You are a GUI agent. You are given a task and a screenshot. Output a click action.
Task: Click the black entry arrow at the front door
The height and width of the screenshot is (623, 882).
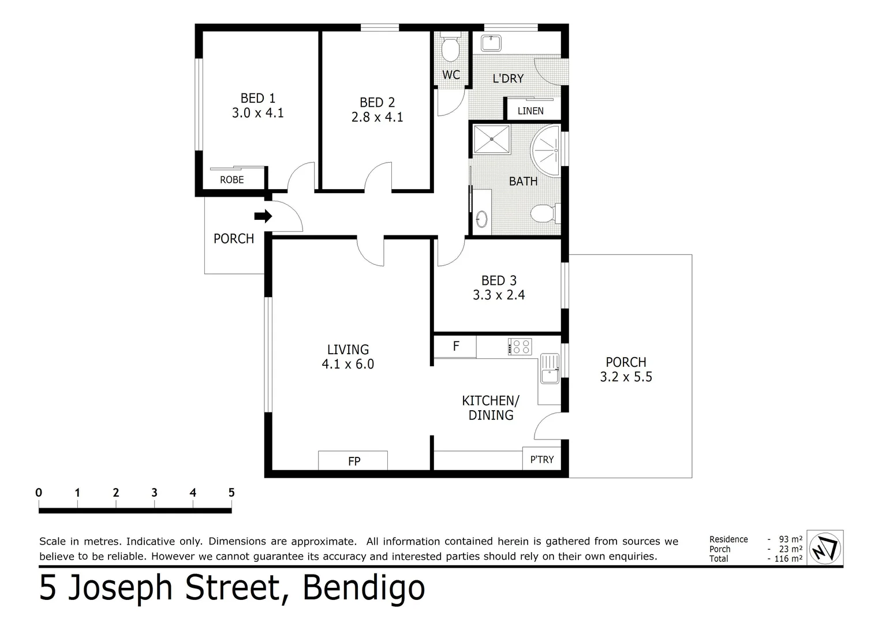tap(263, 216)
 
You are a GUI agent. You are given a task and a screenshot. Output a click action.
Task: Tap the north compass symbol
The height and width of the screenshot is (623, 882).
tap(825, 548)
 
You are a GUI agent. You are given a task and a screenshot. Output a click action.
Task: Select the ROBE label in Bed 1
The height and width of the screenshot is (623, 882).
tap(232, 180)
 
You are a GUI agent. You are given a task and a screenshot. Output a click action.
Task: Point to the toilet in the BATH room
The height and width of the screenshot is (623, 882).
tap(543, 214)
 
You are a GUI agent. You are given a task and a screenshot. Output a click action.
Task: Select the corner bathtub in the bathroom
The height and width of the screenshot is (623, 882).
tap(547, 151)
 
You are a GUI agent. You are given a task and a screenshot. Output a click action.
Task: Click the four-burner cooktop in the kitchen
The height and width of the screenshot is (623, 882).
tap(520, 347)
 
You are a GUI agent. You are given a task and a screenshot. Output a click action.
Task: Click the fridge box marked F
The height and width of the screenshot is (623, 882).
tap(455, 347)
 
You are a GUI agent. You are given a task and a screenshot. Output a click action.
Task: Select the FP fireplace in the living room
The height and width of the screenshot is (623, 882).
tap(353, 461)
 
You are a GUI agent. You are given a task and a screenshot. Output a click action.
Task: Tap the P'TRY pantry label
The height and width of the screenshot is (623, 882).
tap(541, 460)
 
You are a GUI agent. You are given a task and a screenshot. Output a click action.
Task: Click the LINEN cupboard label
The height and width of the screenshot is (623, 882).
tap(530, 111)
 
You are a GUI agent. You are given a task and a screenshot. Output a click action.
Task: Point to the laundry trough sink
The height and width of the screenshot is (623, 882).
tap(491, 43)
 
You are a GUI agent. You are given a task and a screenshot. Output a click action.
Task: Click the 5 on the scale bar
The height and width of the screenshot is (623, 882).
tap(231, 493)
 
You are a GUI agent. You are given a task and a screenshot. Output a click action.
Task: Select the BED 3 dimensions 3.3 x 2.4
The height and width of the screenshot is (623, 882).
tap(499, 295)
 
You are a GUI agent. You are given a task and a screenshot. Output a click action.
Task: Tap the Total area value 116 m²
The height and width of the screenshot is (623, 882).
tap(788, 559)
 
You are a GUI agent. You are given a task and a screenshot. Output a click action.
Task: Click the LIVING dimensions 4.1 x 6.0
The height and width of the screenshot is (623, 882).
tap(347, 365)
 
